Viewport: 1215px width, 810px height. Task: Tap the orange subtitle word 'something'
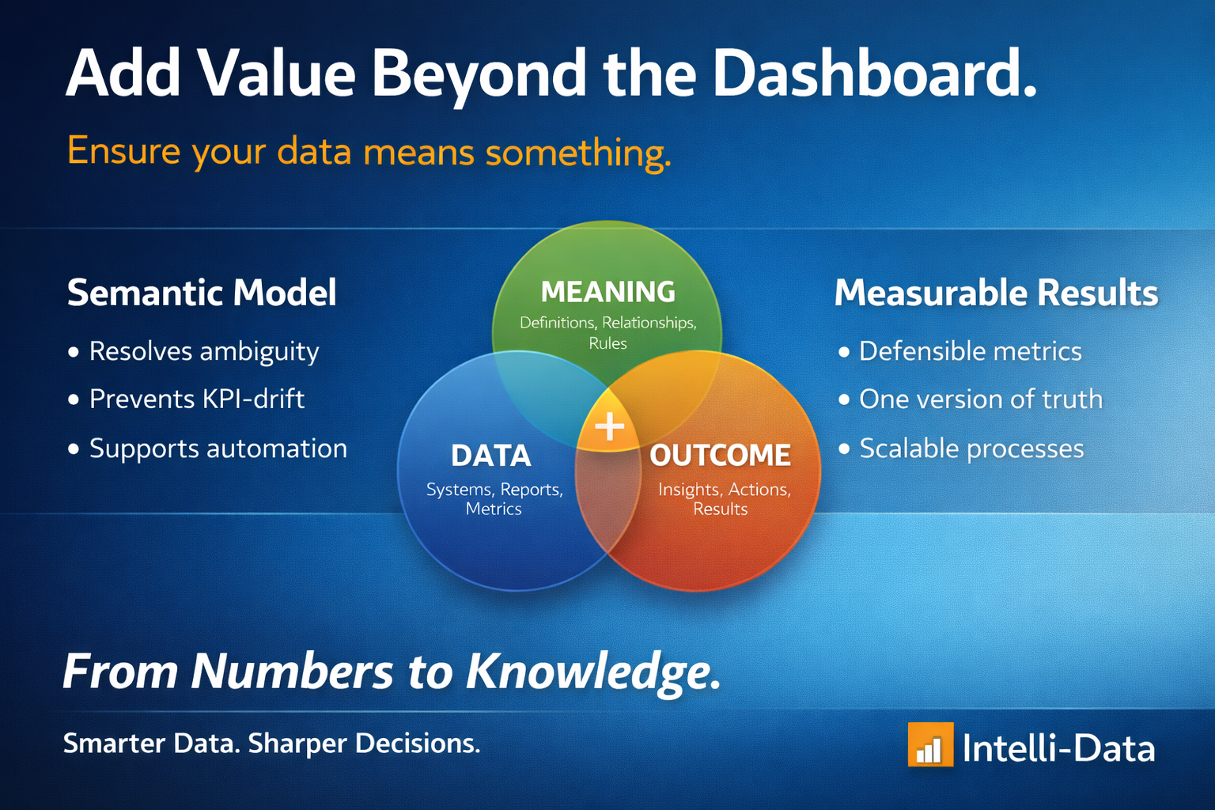(x=578, y=153)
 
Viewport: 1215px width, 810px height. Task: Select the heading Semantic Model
(x=202, y=293)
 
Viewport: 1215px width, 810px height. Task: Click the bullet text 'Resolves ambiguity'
(x=204, y=352)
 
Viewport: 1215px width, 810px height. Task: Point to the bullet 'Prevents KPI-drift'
(x=197, y=399)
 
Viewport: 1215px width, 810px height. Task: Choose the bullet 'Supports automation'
(x=218, y=449)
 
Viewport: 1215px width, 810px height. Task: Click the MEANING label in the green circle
(x=608, y=292)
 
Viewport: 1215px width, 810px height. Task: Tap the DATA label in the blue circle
(x=491, y=455)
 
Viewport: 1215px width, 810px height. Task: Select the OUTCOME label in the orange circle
(x=720, y=455)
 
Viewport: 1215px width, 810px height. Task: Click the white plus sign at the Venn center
(x=610, y=426)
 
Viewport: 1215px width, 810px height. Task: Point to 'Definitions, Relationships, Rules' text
(x=608, y=332)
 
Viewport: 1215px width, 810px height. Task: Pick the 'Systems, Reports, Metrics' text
(x=494, y=498)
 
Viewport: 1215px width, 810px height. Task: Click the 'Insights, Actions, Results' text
(x=724, y=498)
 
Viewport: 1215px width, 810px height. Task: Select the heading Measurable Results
(x=996, y=293)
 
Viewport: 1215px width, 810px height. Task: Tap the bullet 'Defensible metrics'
(x=971, y=351)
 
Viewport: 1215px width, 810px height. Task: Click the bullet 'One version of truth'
(x=981, y=399)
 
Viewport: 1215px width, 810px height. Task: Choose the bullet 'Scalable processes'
(x=971, y=449)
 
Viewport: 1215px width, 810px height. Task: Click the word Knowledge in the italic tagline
(x=593, y=672)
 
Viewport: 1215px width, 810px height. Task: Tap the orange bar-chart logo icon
(x=931, y=744)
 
